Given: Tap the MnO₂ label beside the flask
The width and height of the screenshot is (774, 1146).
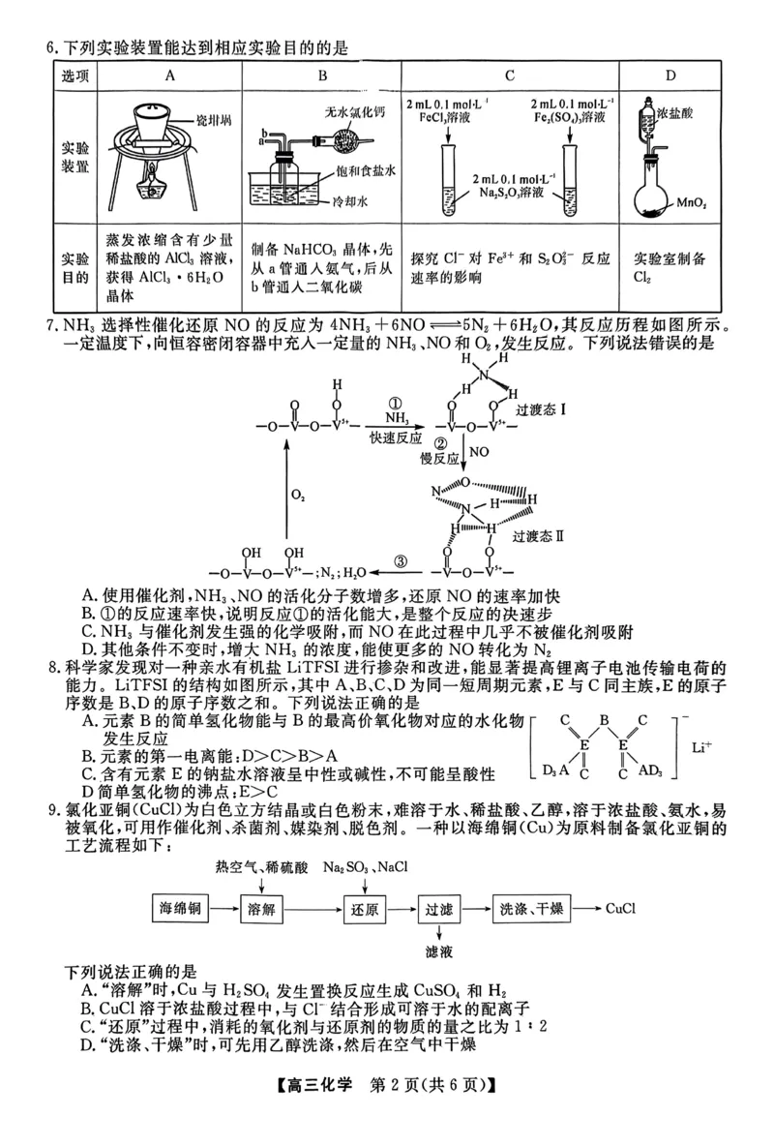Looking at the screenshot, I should coord(691,205).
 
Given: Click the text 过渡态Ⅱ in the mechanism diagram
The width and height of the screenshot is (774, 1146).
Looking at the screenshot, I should coord(538,535).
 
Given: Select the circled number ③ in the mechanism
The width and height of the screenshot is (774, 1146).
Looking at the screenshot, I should coord(402,558).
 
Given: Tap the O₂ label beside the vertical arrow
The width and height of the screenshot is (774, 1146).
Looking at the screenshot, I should coord(298,495).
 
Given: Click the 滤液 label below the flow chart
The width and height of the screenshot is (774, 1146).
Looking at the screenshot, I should coord(438,952).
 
